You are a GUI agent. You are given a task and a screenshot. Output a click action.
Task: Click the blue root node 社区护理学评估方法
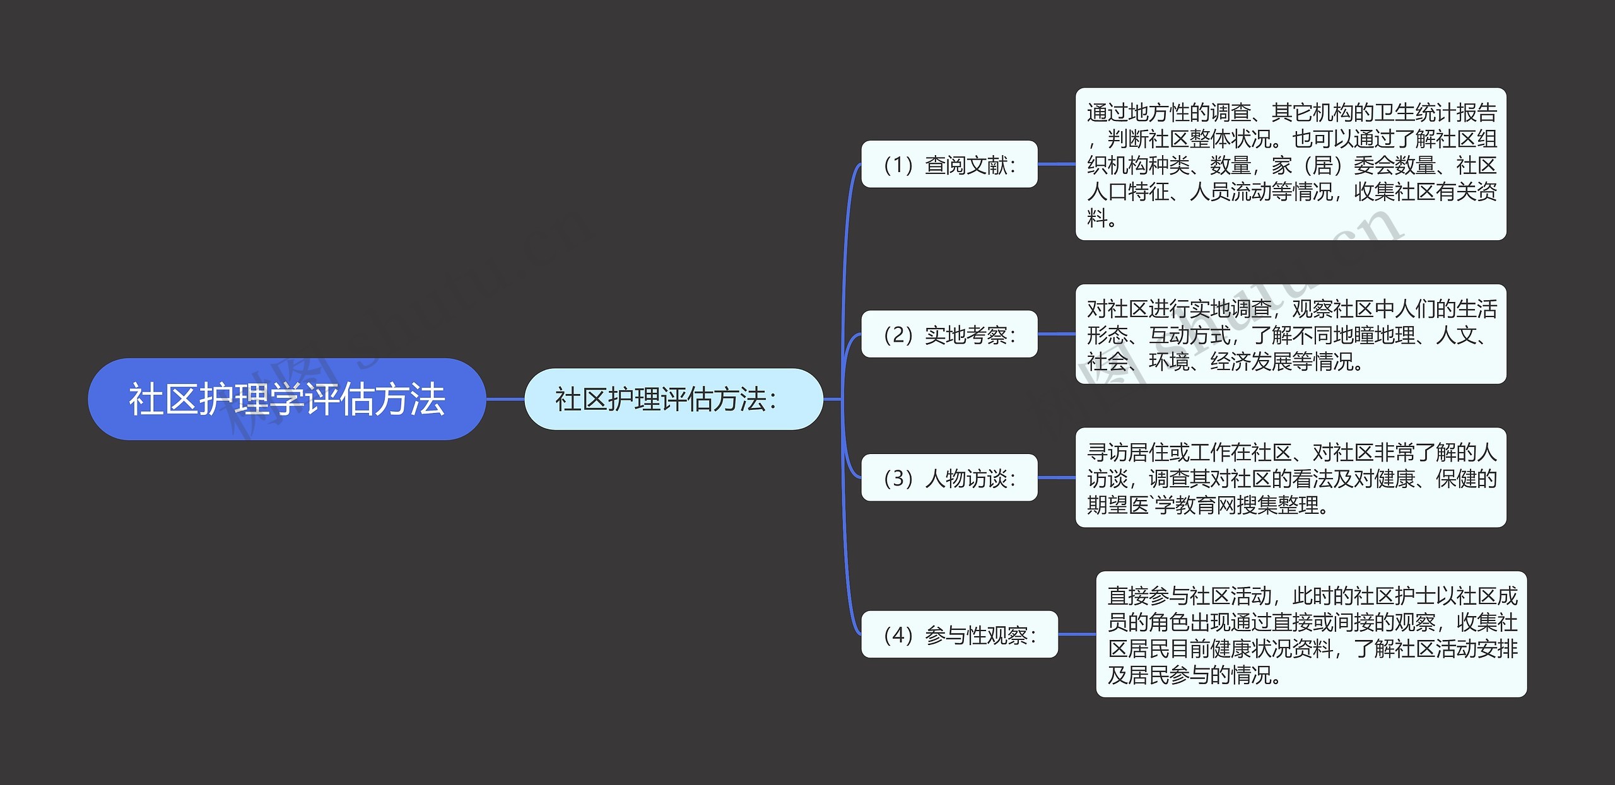click(x=286, y=399)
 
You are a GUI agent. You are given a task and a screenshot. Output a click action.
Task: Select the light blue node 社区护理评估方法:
click(x=673, y=399)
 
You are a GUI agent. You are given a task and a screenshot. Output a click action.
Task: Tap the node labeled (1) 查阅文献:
click(x=949, y=165)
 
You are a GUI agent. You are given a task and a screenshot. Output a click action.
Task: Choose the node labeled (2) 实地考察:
click(x=949, y=334)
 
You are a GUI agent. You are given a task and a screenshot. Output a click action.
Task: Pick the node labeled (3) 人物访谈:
click(x=949, y=478)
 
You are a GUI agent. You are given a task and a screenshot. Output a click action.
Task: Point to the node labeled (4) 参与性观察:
click(x=959, y=634)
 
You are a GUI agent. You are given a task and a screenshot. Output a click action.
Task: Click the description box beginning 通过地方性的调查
click(x=1290, y=164)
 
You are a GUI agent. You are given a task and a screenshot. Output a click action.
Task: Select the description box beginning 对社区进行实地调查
click(x=1290, y=334)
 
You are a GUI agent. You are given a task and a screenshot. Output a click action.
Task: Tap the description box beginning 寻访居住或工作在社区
click(x=1290, y=477)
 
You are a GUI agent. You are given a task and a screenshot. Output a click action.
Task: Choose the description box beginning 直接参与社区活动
click(x=1311, y=634)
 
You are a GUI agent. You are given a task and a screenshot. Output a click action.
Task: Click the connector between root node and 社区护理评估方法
click(x=505, y=399)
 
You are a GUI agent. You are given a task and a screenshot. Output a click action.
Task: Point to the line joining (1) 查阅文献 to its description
click(x=1056, y=164)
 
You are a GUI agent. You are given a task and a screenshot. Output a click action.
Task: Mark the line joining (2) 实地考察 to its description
click(x=1056, y=334)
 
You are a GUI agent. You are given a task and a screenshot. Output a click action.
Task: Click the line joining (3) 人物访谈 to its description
click(x=1056, y=478)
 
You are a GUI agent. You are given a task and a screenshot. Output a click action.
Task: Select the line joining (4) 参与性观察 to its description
click(x=1076, y=634)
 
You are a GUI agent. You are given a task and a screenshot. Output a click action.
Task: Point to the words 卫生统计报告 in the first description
click(x=1435, y=112)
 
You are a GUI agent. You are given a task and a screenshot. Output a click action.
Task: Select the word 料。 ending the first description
click(x=1102, y=218)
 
